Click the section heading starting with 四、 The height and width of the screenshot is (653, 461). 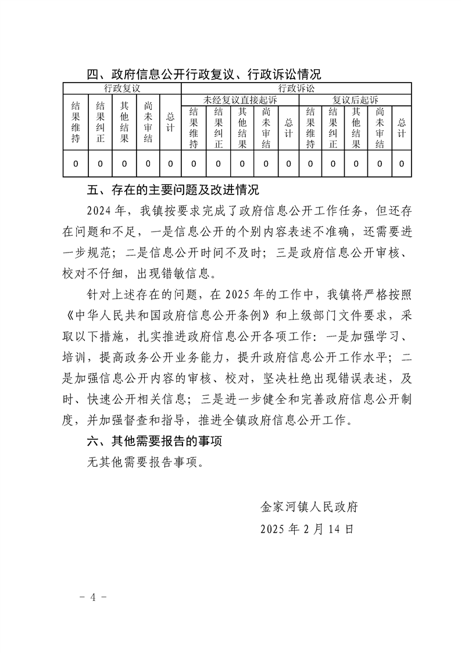pyautogui.click(x=203, y=74)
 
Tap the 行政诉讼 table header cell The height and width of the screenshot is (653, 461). pyautogui.click(x=296, y=88)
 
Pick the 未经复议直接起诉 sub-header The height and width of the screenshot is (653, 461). pyautogui.click(x=240, y=100)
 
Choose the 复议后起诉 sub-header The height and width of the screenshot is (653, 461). pyautogui.click(x=355, y=100)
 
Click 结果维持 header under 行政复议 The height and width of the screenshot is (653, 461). pyautogui.click(x=76, y=122)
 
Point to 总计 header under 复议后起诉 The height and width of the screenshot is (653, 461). pyautogui.click(x=401, y=127)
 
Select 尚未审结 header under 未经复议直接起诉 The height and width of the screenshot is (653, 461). pyautogui.click(x=266, y=127)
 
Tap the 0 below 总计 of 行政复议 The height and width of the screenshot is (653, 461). pyautogui.click(x=170, y=164)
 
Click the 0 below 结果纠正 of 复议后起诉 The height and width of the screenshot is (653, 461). pyautogui.click(x=333, y=164)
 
